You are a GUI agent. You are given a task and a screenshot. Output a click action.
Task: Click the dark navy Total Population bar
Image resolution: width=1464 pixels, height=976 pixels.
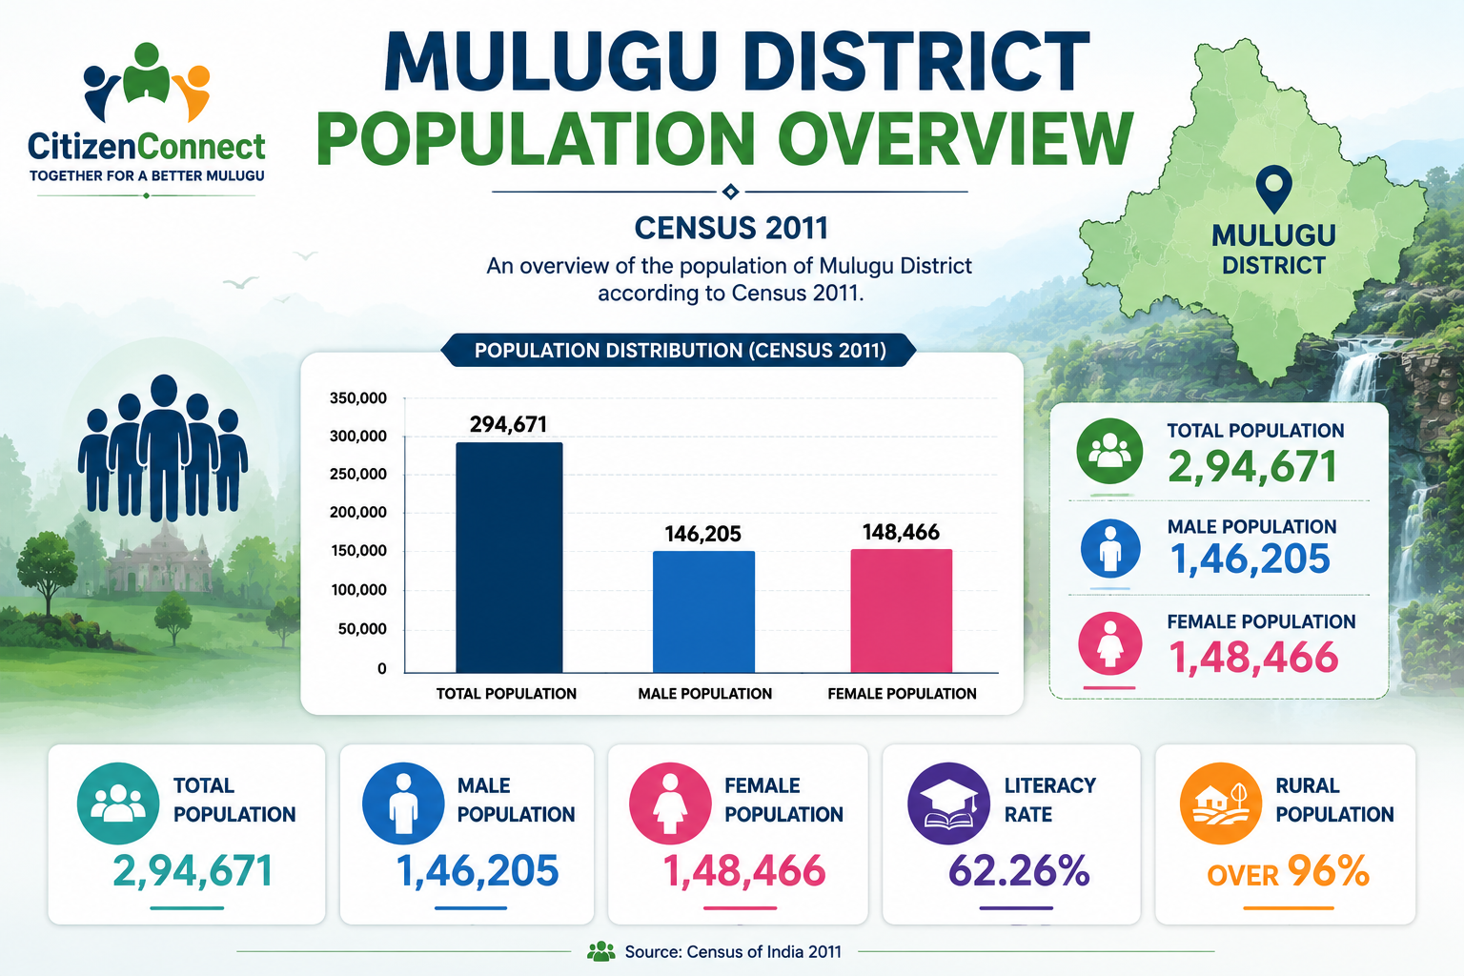click(509, 558)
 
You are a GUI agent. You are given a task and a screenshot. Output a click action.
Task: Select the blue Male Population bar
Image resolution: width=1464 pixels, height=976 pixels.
click(704, 612)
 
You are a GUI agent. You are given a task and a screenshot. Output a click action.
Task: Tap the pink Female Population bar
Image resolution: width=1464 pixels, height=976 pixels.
click(902, 611)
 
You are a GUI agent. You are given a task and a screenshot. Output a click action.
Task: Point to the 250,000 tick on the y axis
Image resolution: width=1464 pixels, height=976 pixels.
click(358, 474)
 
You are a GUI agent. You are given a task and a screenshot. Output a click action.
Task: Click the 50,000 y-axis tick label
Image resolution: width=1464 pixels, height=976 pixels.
click(362, 629)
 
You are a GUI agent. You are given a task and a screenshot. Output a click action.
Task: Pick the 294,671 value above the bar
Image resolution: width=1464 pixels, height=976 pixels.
click(508, 424)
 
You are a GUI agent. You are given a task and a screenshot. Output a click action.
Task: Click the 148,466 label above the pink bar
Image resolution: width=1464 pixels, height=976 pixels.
click(901, 532)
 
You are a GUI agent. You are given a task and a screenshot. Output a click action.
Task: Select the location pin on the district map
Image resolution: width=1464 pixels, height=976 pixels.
click(1273, 189)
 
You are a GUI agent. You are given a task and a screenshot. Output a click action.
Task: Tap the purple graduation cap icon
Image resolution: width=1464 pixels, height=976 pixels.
click(949, 803)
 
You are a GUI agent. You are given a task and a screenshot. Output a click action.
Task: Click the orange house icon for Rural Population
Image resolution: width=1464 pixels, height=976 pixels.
click(1221, 803)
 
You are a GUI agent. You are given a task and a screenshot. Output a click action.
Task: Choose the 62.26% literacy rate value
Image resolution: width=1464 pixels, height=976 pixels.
click(1019, 871)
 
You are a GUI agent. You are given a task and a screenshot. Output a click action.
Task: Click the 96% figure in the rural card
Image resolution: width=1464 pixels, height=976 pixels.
click(1328, 871)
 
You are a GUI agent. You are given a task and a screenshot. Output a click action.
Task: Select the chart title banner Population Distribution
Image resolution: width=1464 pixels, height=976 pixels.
click(679, 351)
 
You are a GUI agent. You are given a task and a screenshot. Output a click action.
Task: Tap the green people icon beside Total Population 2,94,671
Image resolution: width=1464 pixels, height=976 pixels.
click(1109, 451)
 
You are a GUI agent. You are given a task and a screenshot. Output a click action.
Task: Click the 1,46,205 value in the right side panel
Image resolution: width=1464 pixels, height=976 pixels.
click(1250, 559)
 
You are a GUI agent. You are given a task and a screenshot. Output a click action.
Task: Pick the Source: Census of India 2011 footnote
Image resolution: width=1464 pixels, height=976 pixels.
click(733, 952)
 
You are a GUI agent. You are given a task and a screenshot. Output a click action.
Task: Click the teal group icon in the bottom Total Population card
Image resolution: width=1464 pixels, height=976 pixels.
click(118, 803)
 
